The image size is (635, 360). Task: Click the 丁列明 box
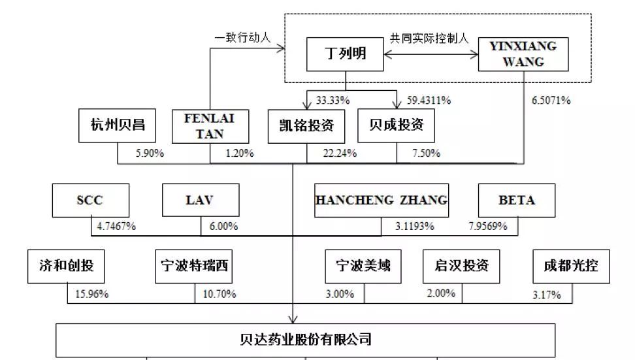pyautogui.click(x=345, y=54)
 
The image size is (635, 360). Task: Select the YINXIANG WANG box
pyautogui.click(x=523, y=54)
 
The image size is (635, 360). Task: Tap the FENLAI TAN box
pyautogui.click(x=210, y=126)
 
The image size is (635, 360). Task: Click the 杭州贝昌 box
pyautogui.click(x=117, y=125)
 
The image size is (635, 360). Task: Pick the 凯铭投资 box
pyautogui.click(x=306, y=126)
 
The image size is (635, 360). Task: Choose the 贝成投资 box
pyautogui.click(x=396, y=125)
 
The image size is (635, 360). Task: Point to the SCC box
pyautogui.click(x=91, y=201)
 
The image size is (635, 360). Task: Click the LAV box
pyautogui.click(x=201, y=200)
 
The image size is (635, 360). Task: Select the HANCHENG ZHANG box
pyautogui.click(x=382, y=201)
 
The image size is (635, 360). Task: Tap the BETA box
pyautogui.click(x=517, y=201)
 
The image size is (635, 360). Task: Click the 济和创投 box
pyautogui.click(x=66, y=267)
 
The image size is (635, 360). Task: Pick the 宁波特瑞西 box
pyautogui.click(x=193, y=267)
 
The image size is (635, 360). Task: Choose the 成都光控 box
pyautogui.click(x=571, y=267)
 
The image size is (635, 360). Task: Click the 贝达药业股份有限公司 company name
pyautogui.click(x=306, y=339)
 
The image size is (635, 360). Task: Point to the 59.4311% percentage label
pyautogui.click(x=429, y=101)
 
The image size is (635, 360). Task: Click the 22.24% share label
pyautogui.click(x=340, y=153)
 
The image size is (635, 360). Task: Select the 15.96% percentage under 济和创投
pyautogui.click(x=91, y=294)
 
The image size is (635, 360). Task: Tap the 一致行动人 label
pyautogui.click(x=242, y=38)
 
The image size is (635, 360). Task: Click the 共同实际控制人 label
pyautogui.click(x=429, y=39)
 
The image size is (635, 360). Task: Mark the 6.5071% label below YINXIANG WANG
pyautogui.click(x=551, y=101)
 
